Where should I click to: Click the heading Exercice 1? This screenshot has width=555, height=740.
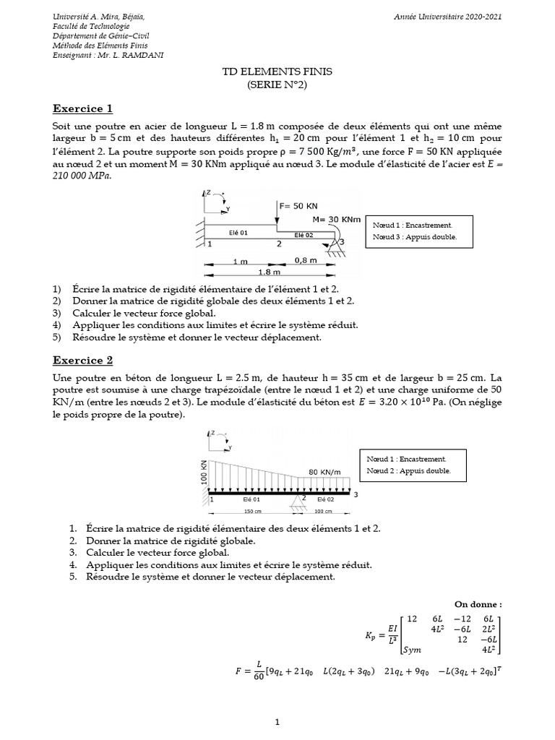pyautogui.click(x=83, y=109)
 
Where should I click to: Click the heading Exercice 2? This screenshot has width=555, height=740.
pyautogui.click(x=83, y=361)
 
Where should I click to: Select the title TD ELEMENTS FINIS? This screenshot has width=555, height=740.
pyautogui.click(x=277, y=73)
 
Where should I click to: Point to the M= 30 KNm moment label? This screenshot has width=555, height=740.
pyautogui.click(x=337, y=219)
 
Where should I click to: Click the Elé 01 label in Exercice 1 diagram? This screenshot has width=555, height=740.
pyautogui.click(x=238, y=233)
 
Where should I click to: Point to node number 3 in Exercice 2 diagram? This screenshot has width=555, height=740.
pyautogui.click(x=355, y=494)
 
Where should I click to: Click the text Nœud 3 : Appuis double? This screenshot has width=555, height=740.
pyautogui.click(x=414, y=237)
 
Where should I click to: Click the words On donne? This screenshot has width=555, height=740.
pyautogui.click(x=477, y=603)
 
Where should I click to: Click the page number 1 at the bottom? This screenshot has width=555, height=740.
pyautogui.click(x=277, y=721)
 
